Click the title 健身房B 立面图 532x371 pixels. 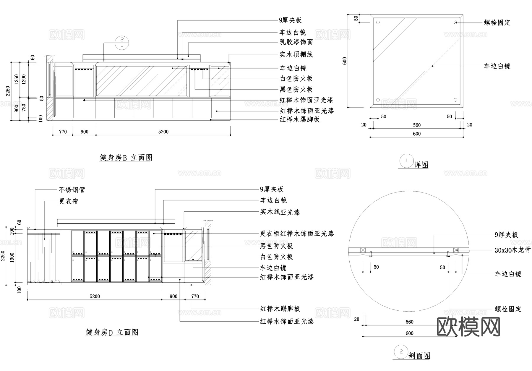pyautogui.click(x=126, y=158)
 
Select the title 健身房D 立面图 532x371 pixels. pyautogui.click(x=112, y=332)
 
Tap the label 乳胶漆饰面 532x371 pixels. pyautogui.click(x=296, y=42)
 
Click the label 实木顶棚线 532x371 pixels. pyautogui.click(x=296, y=54)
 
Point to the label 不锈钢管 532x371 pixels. pyautogui.click(x=72, y=190)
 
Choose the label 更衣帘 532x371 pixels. pyautogui.click(x=69, y=201)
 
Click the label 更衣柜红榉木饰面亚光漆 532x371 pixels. pyautogui.click(x=297, y=234)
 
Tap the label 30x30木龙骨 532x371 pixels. pyautogui.click(x=512, y=250)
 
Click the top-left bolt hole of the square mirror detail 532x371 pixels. pyautogui.click(x=378, y=22)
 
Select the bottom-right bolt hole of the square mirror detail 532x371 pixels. pyautogui.click(x=455, y=100)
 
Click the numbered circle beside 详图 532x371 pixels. pyautogui.click(x=406, y=161)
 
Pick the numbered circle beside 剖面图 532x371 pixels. pyautogui.click(x=401, y=352)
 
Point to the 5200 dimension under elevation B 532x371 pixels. pyautogui.click(x=163, y=132)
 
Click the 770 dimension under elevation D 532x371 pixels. pyautogui.click(x=195, y=296)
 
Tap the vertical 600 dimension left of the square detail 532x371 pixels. pyautogui.click(x=345, y=61)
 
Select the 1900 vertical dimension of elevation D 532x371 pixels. pyautogui.click(x=12, y=257)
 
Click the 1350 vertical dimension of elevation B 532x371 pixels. pyautogui.click(x=17, y=79)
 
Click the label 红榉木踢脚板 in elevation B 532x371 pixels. pyautogui.click(x=300, y=119)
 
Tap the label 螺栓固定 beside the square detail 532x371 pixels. pyautogui.click(x=497, y=23)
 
